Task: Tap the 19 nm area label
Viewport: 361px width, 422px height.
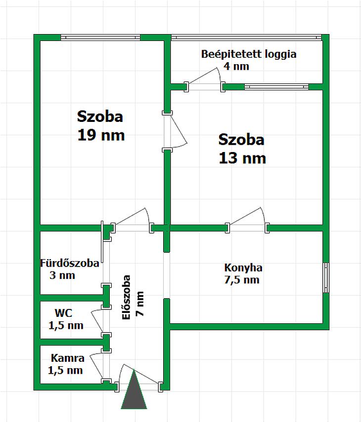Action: [101, 135]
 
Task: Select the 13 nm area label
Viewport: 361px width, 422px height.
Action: [242, 158]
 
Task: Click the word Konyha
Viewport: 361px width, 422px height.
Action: [243, 268]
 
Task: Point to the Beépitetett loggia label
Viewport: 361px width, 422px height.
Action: [249, 54]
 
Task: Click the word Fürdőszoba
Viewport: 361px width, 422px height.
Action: [70, 263]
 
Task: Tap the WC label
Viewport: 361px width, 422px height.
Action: [63, 313]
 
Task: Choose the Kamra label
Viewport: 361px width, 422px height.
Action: [68, 358]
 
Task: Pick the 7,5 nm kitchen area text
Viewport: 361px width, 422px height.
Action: [242, 280]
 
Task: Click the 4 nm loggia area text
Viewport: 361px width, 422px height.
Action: [236, 66]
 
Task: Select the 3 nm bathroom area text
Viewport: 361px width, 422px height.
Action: [62, 275]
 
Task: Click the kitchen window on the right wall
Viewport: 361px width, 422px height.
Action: [326, 278]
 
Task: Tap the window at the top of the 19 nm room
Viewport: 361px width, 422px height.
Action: [100, 38]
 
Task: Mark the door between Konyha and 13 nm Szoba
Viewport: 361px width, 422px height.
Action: [247, 220]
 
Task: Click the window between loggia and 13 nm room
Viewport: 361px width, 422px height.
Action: [276, 87]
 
